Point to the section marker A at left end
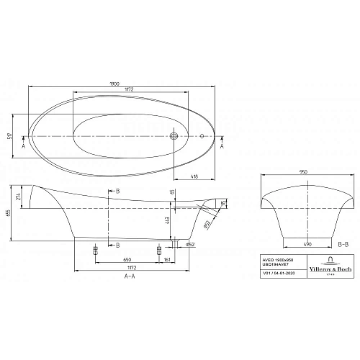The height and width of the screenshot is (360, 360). pyautogui.click(x=24, y=146)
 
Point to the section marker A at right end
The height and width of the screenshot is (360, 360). pyautogui.click(x=221, y=146)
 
